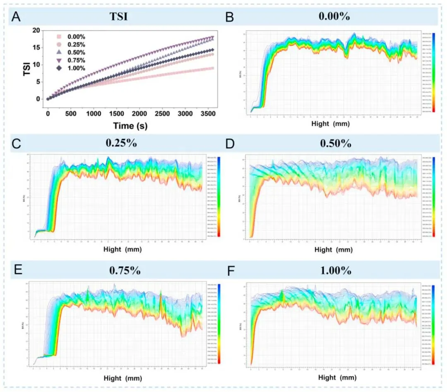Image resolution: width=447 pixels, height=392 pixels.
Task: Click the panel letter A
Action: [x=16, y=17]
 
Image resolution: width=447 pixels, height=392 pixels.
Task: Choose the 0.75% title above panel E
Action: [x=125, y=271]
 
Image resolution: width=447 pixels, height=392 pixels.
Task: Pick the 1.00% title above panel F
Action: [x=335, y=271]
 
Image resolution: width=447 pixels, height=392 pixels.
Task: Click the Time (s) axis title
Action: [x=130, y=125]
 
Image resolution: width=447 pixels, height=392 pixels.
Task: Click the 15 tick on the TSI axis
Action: [x=37, y=48]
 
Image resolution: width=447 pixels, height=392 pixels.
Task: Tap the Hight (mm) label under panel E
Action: [x=118, y=378]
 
